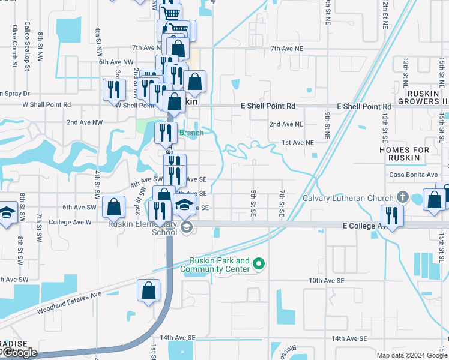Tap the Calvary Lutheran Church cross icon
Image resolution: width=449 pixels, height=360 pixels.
[x=402, y=197]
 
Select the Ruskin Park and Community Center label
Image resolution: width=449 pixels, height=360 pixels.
[x=219, y=265]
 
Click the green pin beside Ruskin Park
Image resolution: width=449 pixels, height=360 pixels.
[x=259, y=263]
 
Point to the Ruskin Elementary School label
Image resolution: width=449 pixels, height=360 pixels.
[x=143, y=228]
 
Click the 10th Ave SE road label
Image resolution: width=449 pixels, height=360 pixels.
[x=327, y=280]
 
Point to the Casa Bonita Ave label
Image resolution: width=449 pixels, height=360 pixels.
[x=413, y=175]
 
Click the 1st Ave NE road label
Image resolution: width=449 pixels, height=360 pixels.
[x=298, y=143]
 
